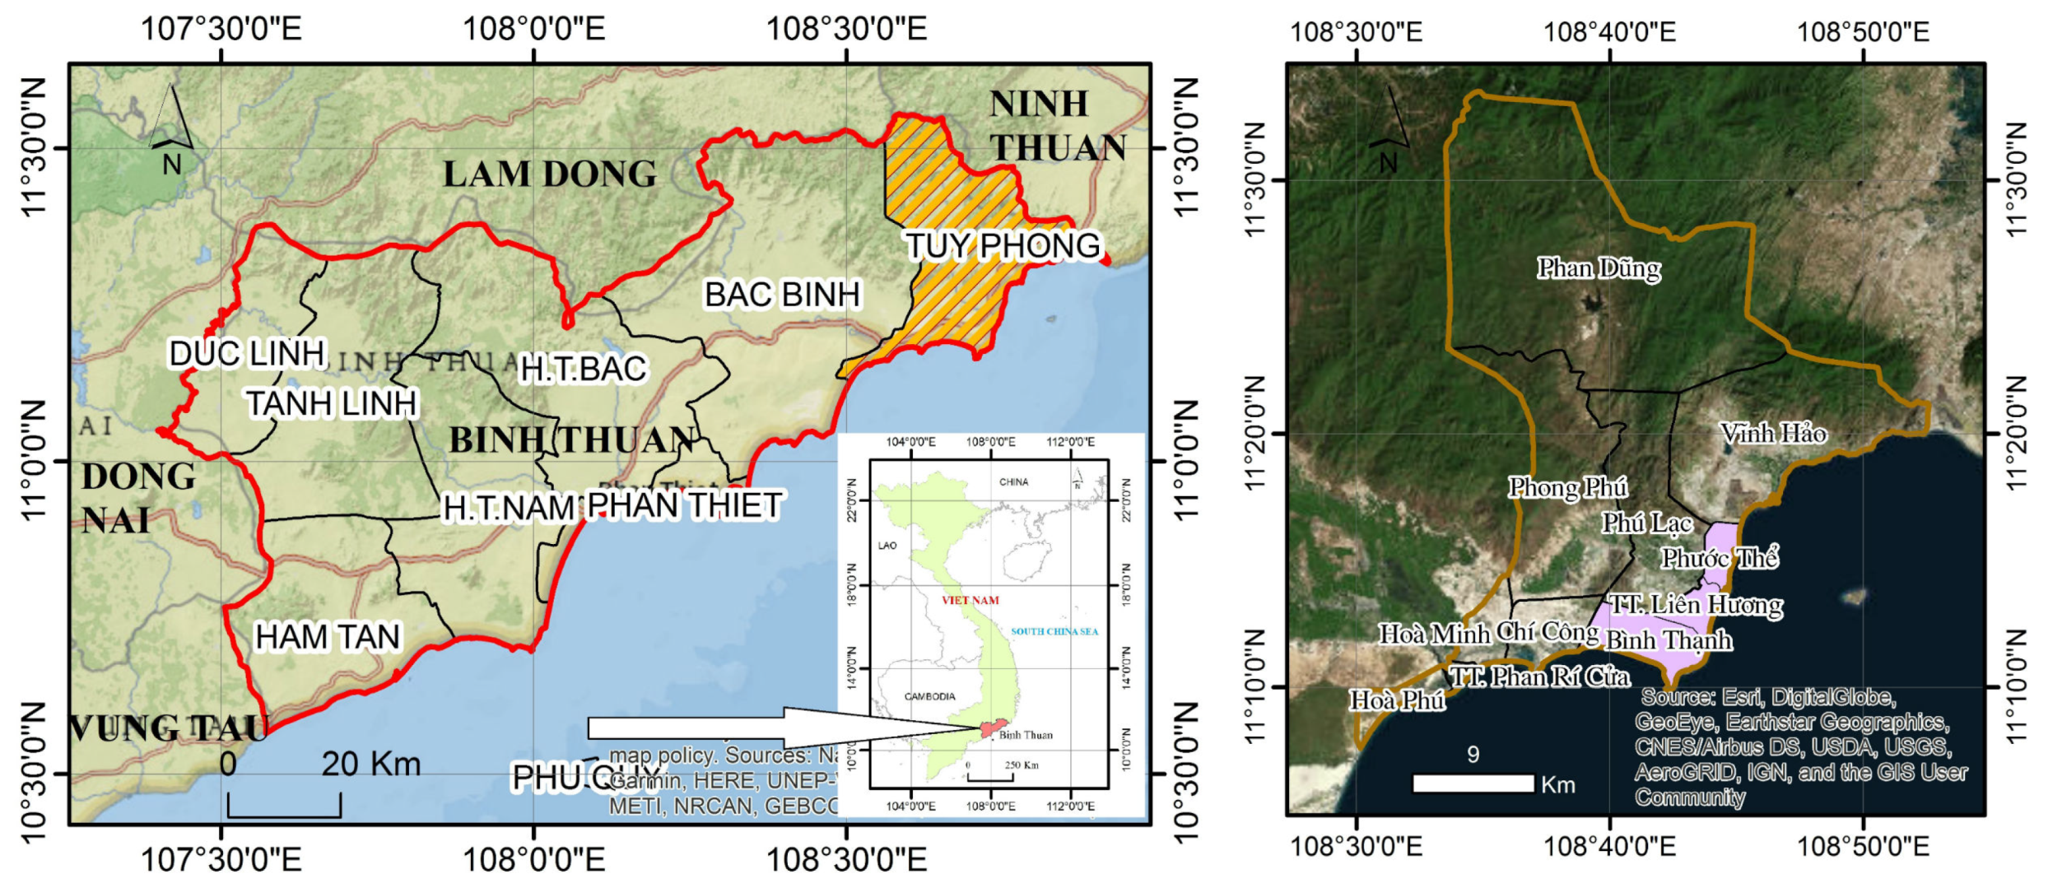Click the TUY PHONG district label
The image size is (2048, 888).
1003,245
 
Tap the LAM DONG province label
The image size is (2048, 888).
550,174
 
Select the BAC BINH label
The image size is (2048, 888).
782,294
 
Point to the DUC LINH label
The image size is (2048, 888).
247,353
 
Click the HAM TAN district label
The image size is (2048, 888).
328,637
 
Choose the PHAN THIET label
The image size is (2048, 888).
685,505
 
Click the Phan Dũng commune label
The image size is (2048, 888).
1599,268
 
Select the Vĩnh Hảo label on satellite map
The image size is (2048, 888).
1773,433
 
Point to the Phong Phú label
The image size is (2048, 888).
1567,487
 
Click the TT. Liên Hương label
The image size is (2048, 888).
1696,605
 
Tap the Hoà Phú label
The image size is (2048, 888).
1397,700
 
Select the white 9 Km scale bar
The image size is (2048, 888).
1473,783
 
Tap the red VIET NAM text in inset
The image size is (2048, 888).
970,600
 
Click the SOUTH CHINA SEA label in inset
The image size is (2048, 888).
1054,631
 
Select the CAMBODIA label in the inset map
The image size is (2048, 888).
930,696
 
